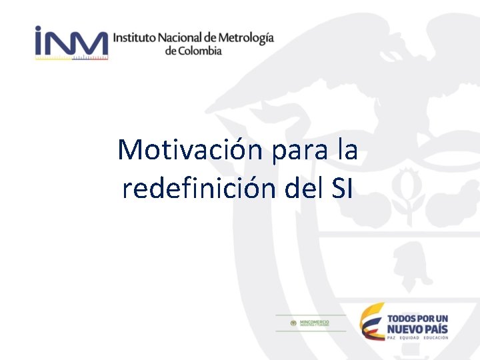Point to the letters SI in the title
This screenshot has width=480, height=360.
[341, 189]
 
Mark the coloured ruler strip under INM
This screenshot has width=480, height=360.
[71, 58]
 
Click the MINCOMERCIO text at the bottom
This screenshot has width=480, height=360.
[315, 321]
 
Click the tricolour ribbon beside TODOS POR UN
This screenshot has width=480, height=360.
[372, 321]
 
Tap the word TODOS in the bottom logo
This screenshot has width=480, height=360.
[403, 318]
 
